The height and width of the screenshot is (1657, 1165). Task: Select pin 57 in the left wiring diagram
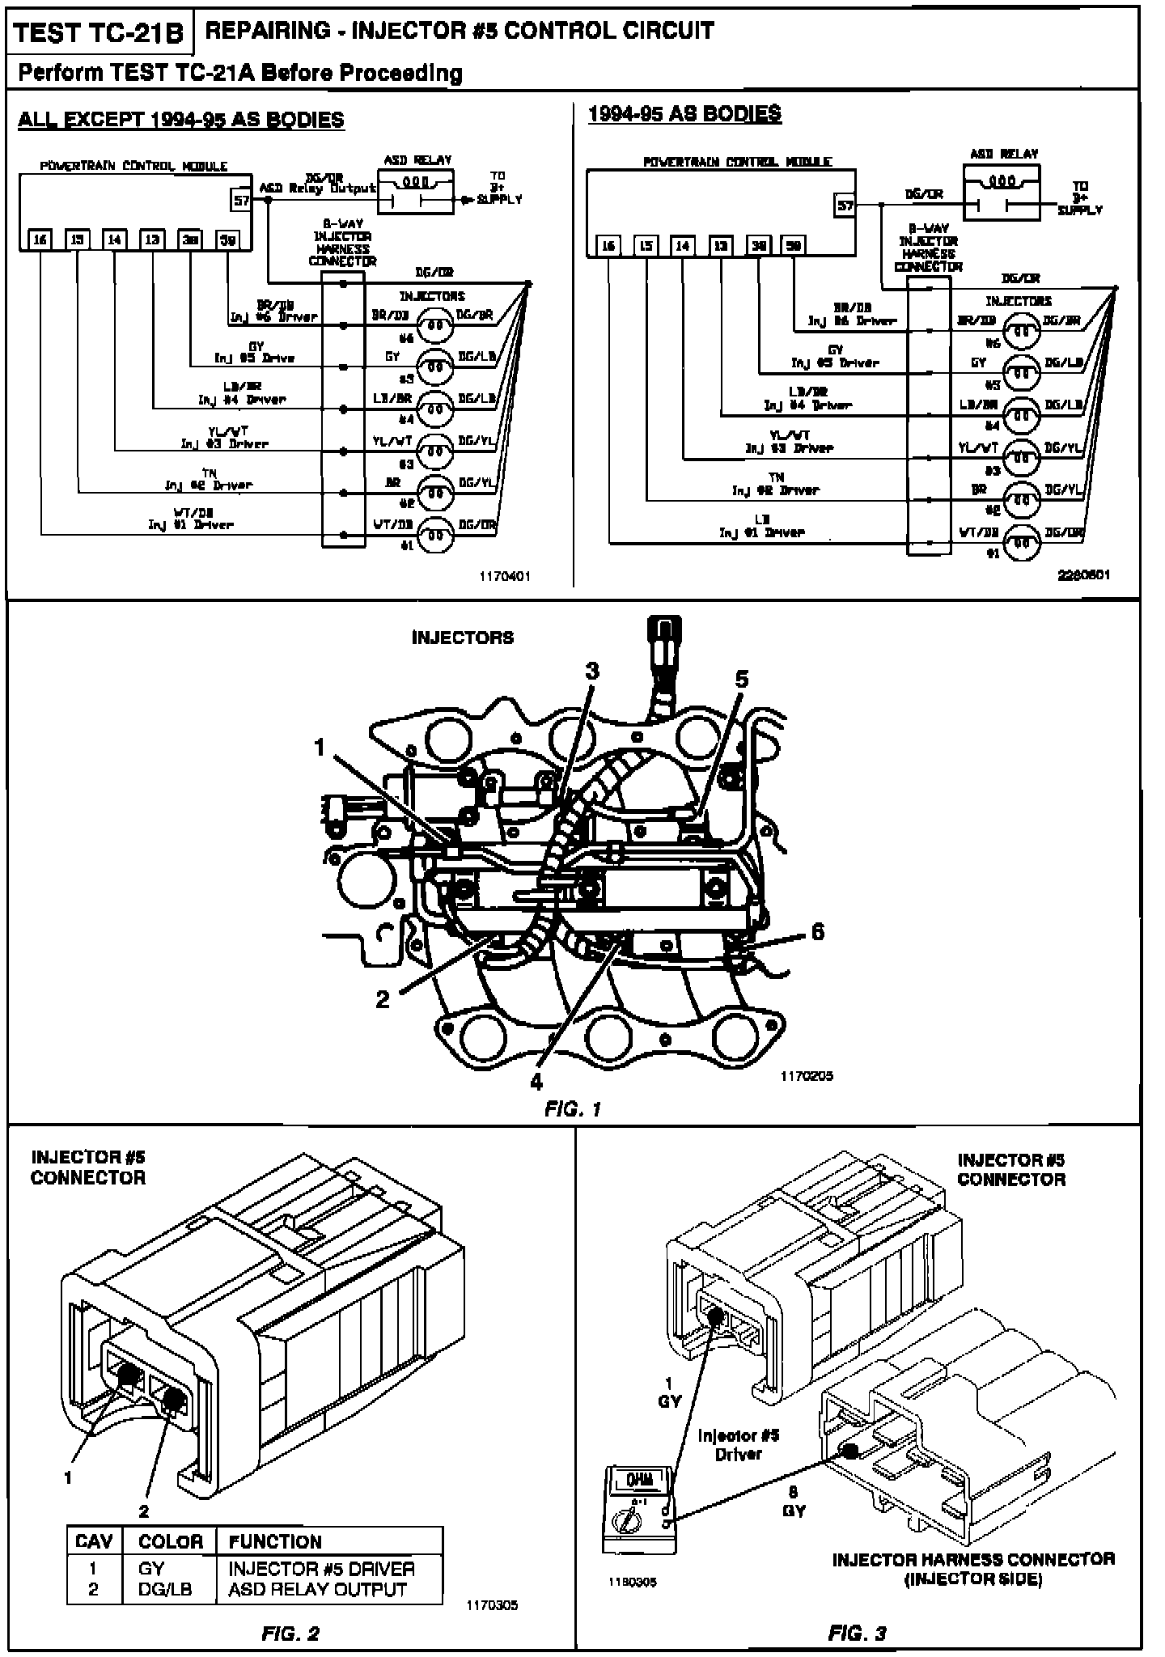pos(242,200)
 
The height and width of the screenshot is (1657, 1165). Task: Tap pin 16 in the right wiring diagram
pos(609,246)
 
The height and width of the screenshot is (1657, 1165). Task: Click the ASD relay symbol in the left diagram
pos(416,192)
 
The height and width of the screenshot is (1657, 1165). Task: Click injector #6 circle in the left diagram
pos(434,324)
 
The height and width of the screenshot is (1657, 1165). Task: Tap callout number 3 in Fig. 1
pos(592,671)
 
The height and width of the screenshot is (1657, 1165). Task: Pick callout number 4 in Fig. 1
pos(536,1081)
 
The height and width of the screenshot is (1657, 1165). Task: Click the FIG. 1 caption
pos(573,1108)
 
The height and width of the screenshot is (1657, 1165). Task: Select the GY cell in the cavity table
pos(151,1568)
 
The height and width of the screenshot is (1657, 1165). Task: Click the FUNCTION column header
pos(275,1541)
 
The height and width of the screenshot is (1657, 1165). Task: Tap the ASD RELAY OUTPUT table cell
pos(317,1589)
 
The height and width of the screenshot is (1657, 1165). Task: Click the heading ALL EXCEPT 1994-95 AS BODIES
pos(181,121)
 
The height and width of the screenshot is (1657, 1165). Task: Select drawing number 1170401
pos(505,577)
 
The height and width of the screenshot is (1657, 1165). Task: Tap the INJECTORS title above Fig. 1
pos(463,638)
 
